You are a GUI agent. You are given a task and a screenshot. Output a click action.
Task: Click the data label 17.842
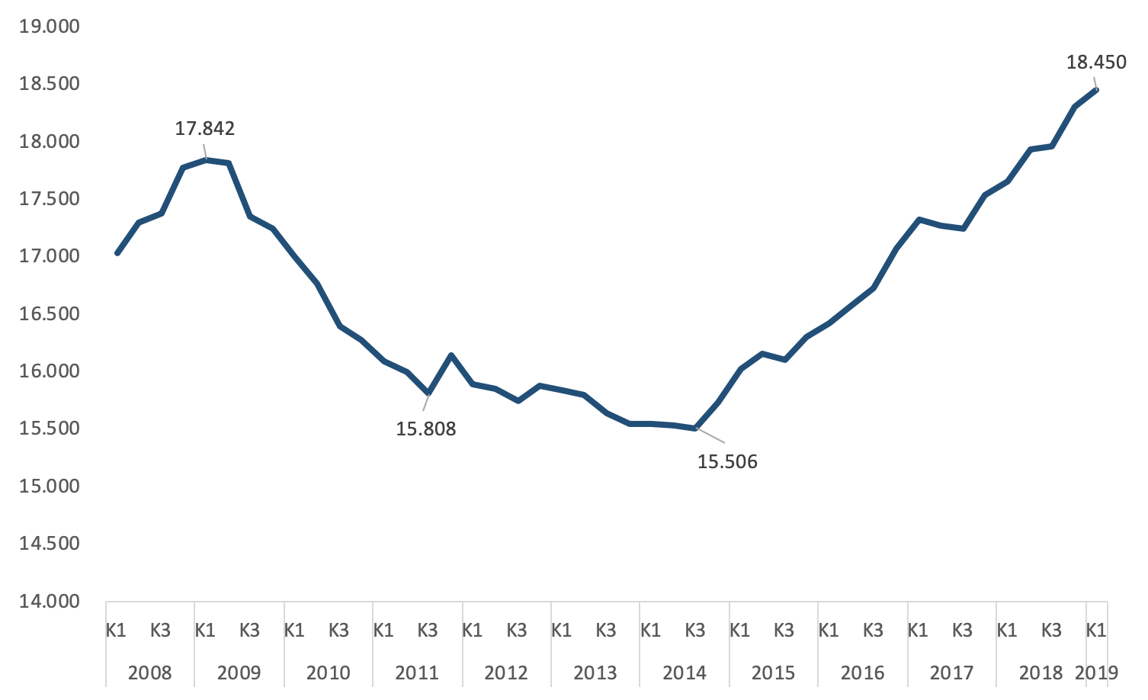point(205,128)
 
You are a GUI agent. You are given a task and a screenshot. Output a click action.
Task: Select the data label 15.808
point(425,429)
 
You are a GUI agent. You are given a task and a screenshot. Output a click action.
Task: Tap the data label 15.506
point(727,461)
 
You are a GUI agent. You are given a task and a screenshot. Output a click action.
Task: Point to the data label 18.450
point(1095,63)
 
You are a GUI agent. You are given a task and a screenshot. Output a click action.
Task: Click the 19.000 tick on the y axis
point(50,27)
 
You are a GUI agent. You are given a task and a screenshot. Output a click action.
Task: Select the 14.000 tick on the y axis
point(50,601)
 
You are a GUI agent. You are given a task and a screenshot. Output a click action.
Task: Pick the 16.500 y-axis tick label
point(50,314)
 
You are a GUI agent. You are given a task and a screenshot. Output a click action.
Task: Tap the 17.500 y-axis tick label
point(50,199)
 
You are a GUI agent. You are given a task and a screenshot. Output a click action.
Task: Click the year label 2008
point(149,673)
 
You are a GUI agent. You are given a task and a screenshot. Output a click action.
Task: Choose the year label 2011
point(417,673)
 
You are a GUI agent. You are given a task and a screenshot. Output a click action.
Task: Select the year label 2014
point(684,673)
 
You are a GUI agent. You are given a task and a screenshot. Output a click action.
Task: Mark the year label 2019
point(1096,673)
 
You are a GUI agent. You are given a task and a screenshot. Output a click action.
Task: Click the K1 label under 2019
point(1096,631)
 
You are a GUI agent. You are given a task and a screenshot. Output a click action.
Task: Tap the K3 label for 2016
point(873,631)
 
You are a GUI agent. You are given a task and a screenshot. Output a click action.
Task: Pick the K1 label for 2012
point(472,631)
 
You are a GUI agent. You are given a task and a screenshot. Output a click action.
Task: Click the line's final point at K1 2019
point(1096,90)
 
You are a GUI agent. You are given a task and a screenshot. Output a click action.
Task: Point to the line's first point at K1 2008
point(117,253)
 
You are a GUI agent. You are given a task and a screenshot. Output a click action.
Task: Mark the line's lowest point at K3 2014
point(695,429)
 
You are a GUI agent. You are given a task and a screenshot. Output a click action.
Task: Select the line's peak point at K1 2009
point(206,159)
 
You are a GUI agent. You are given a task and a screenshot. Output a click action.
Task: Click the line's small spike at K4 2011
point(451,355)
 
